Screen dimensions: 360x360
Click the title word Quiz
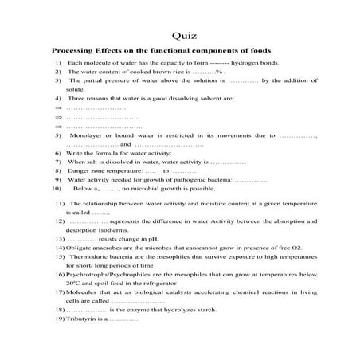pos(180,35)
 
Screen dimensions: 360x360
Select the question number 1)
pos(59,62)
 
